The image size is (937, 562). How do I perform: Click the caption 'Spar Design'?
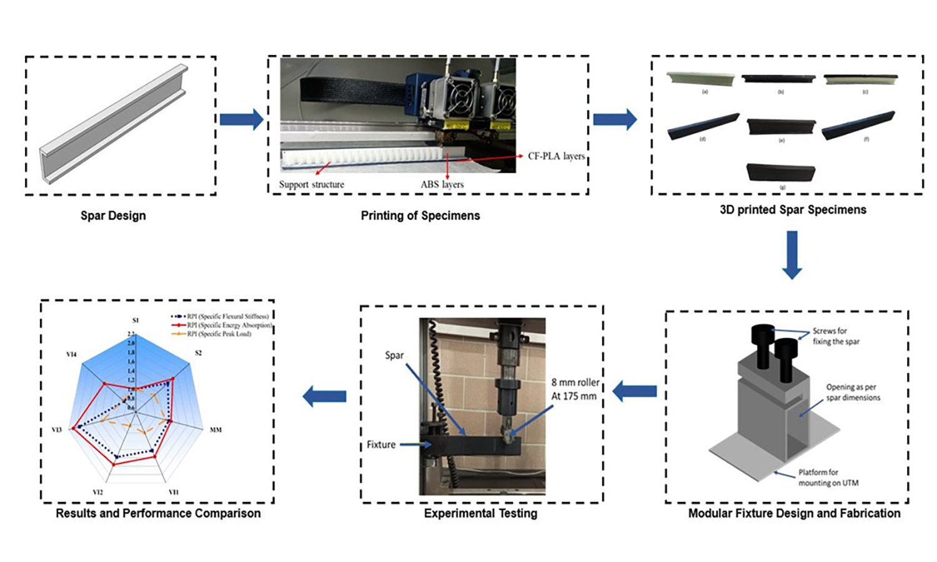pyautogui.click(x=113, y=215)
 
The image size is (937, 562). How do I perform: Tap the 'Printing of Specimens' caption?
pyautogui.click(x=420, y=215)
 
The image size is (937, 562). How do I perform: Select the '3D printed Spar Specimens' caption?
pyautogui.click(x=793, y=210)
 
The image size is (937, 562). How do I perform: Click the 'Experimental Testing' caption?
pyautogui.click(x=480, y=513)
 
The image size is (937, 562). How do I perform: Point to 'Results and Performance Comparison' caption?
pyautogui.click(x=158, y=513)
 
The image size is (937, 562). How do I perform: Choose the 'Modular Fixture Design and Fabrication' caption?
pyautogui.click(x=794, y=513)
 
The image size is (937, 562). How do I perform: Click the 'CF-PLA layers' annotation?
pyautogui.click(x=556, y=156)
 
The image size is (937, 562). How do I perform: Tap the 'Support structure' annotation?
pyautogui.click(x=311, y=184)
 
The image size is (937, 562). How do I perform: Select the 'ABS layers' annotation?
pyautogui.click(x=442, y=184)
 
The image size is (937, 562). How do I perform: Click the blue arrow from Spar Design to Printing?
pyautogui.click(x=241, y=119)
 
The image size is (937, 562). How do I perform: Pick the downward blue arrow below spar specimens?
pyautogui.click(x=792, y=255)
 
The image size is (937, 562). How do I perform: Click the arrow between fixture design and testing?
pyautogui.click(x=635, y=392)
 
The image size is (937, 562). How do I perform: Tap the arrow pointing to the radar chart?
pyautogui.click(x=324, y=395)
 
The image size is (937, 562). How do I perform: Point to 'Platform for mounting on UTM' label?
pyautogui.click(x=828, y=477)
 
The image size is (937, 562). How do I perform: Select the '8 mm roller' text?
pyautogui.click(x=575, y=382)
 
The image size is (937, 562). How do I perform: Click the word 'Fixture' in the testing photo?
pyautogui.click(x=381, y=445)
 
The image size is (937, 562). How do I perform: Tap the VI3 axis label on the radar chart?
pyautogui.click(x=56, y=430)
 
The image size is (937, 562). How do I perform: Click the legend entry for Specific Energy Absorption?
pyautogui.click(x=229, y=325)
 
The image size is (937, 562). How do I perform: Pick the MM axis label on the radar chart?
pyautogui.click(x=216, y=430)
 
